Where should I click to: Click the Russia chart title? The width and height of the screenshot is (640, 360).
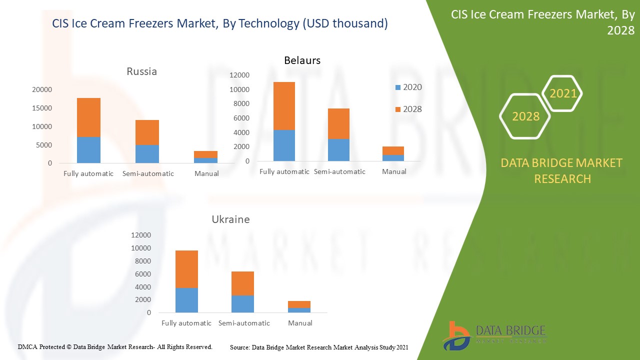click(141, 71)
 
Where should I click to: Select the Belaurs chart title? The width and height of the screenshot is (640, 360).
click(302, 60)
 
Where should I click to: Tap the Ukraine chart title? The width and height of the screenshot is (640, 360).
click(230, 219)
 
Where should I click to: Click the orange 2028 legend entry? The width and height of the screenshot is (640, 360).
click(408, 109)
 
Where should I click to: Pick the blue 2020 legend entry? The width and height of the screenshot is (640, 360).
click(408, 87)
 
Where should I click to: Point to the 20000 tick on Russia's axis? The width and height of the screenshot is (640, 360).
click(42, 90)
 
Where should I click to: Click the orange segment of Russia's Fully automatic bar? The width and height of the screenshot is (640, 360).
click(88, 117)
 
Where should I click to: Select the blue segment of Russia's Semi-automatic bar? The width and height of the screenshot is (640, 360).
click(147, 154)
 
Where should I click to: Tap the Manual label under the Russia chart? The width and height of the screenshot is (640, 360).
click(206, 173)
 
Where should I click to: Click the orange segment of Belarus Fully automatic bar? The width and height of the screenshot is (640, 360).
click(283, 105)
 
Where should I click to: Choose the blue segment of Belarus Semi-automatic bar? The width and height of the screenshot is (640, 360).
click(338, 150)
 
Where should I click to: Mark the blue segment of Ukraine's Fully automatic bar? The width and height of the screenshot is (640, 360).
click(186, 300)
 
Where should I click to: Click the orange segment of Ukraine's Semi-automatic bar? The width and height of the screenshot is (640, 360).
click(242, 283)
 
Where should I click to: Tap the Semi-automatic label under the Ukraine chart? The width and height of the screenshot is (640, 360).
click(244, 323)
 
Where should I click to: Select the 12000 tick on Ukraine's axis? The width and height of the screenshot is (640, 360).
click(140, 235)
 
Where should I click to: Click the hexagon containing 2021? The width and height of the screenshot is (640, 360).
click(563, 93)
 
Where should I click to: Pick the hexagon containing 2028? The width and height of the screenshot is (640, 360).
click(525, 116)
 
